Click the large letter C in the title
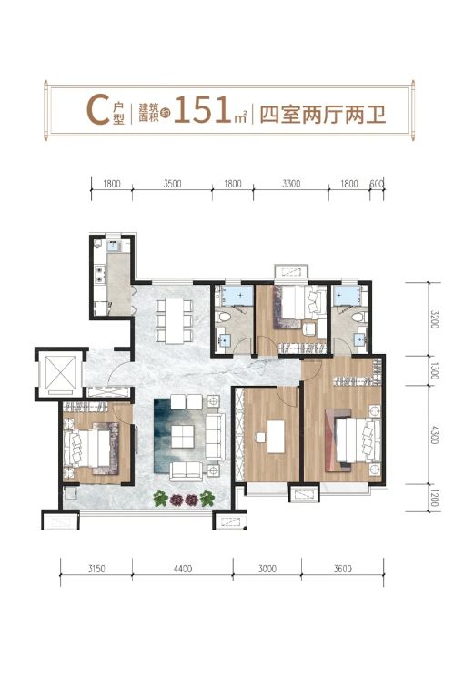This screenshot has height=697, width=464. pos(97,111)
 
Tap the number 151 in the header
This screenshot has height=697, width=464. pos(203,110)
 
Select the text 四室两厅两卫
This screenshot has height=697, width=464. pos(322,115)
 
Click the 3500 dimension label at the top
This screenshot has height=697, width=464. pos(172,184)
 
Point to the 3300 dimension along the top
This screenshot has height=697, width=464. pos(291,184)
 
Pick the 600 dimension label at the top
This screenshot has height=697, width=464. pos(377,184)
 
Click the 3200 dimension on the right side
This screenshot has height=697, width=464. pos(434,319)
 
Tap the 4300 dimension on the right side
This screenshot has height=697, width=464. pos(434,434)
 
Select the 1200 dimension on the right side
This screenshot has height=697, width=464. pos(434,498)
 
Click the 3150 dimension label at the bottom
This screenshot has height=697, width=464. pos(96,569)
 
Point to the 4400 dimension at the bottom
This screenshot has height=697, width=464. pos(183,569)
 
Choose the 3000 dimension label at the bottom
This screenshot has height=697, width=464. pos(267,569)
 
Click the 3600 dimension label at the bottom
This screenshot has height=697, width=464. pos(343,569)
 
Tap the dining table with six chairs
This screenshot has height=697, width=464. pos(174,321)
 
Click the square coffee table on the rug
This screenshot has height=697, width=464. pos(183,437)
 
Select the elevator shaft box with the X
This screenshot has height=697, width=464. pos(59,372)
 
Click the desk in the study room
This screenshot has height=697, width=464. pos(276,436)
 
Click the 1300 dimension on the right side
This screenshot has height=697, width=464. pos(434,370)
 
